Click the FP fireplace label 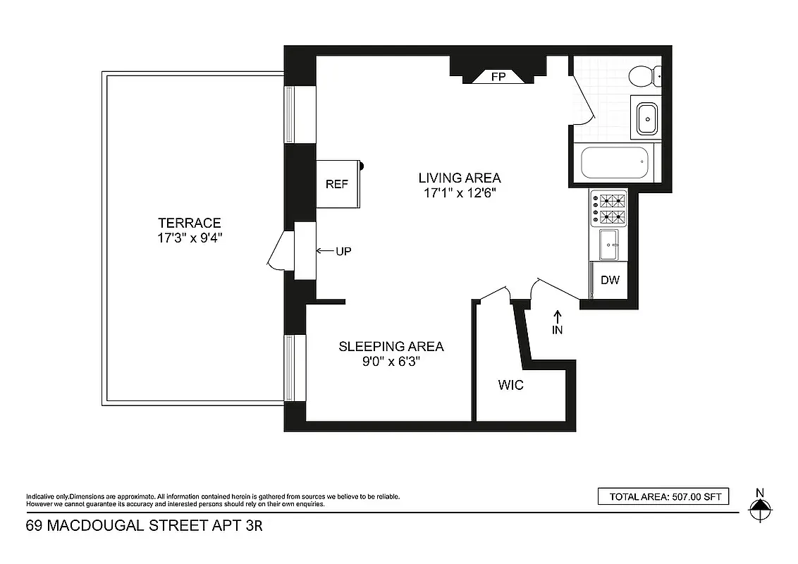(498, 77)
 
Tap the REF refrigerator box (338, 184)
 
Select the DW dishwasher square (610, 281)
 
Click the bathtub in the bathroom (613, 164)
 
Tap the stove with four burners (609, 208)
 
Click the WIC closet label (511, 386)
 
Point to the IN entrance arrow (557, 321)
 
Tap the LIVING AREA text (459, 178)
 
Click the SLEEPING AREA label (391, 346)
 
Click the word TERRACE (190, 223)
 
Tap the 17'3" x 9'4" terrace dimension (190, 238)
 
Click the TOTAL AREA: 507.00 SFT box (663, 497)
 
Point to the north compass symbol (759, 506)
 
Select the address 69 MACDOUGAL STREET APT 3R (144, 526)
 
